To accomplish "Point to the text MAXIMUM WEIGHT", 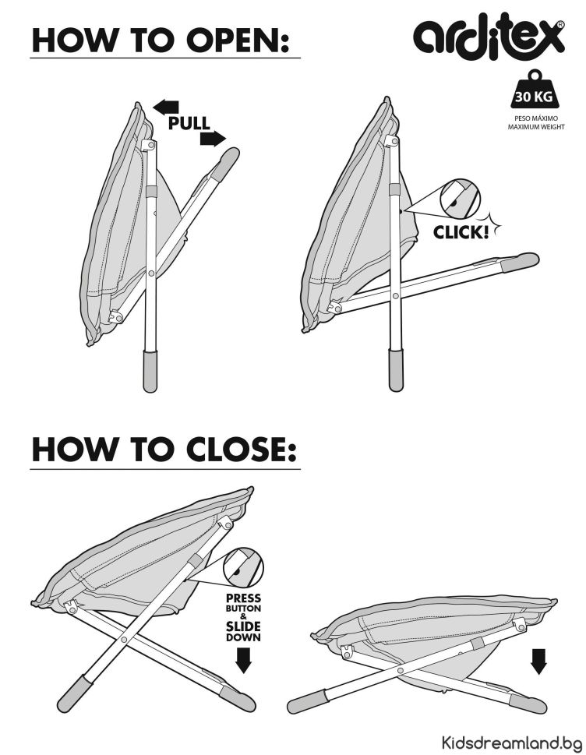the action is tap(536, 127).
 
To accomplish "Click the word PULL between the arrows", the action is tap(189, 123).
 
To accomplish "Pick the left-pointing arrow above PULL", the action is tap(166, 107).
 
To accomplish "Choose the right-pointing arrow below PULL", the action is tap(213, 139).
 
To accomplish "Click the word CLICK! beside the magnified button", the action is tap(461, 232).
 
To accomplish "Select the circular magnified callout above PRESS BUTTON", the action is tap(243, 568).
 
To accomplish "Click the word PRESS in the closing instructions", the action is tap(244, 598).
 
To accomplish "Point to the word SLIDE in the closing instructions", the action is tap(244, 626).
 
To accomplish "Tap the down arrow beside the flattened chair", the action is tap(538, 661).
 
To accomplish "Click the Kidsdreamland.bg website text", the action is tap(511, 742).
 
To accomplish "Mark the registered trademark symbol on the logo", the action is tap(560, 25).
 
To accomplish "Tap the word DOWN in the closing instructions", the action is tap(244, 637).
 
